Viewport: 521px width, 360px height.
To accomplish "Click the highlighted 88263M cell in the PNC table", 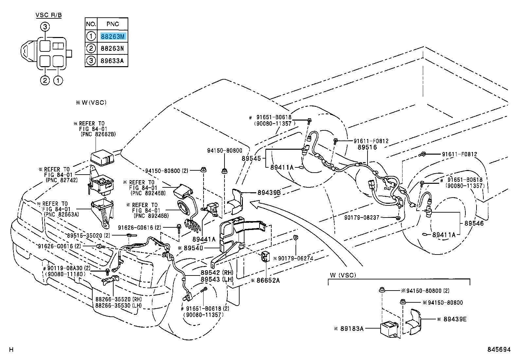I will [x=112, y=36].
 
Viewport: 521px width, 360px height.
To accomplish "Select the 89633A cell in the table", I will [x=112, y=60].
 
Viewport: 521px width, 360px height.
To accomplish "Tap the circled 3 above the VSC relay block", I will [x=45, y=27].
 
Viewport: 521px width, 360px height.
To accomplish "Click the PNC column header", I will [x=112, y=24].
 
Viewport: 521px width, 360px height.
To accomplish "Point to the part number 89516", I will [x=367, y=147].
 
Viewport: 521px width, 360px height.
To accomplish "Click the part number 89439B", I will [x=269, y=193].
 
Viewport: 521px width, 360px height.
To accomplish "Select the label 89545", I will [x=251, y=158].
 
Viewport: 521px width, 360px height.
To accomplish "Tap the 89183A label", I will [x=351, y=329].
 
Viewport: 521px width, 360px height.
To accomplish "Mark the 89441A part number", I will [x=204, y=239].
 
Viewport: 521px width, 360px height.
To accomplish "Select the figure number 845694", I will [x=498, y=350].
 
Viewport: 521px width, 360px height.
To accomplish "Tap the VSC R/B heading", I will [x=48, y=15].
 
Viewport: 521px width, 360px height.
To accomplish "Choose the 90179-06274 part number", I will [x=296, y=258].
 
